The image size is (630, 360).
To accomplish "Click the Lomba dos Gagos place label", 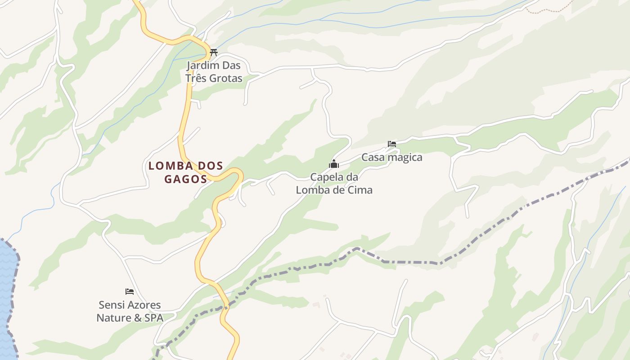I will point(185,172).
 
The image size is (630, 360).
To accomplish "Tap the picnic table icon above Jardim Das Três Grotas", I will point(214,52).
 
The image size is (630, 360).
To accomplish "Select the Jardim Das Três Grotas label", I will point(214,72).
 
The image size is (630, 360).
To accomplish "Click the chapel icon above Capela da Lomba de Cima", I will point(334,164).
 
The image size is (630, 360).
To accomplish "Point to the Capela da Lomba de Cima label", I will point(334,184).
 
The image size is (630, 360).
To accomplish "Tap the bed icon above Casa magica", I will point(392,144).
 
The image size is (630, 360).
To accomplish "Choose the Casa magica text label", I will point(392,157).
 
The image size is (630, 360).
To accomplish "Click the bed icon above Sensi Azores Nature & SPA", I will point(130,292).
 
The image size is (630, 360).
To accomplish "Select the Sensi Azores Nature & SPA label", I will point(130,311).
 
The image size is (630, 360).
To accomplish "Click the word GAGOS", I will point(185,179).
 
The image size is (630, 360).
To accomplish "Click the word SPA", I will point(153,318).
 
